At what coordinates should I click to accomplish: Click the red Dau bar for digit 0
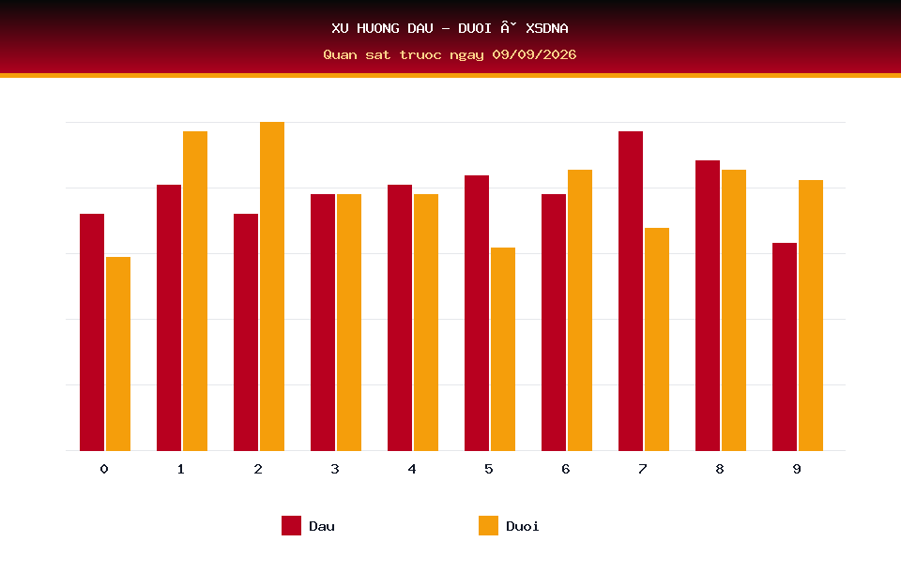pyautogui.click(x=92, y=332)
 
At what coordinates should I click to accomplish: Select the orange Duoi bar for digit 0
pyautogui.click(x=118, y=354)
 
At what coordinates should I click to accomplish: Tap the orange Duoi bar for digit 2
pyautogui.click(x=272, y=286)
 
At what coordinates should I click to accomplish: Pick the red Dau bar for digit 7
pyautogui.click(x=631, y=291)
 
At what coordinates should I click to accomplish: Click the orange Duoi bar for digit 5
pyautogui.click(x=503, y=349)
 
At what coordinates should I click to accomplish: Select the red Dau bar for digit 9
pyautogui.click(x=785, y=347)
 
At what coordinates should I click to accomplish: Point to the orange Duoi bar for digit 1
pyautogui.click(x=195, y=291)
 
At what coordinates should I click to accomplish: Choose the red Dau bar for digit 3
pyautogui.click(x=323, y=323)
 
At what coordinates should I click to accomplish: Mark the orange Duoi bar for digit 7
pyautogui.click(x=657, y=339)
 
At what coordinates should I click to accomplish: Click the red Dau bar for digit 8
pyautogui.click(x=708, y=306)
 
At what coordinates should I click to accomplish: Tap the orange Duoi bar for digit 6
pyautogui.click(x=580, y=310)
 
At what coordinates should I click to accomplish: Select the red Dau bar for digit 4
pyautogui.click(x=400, y=318)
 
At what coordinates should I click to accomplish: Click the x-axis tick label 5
pyautogui.click(x=488, y=469)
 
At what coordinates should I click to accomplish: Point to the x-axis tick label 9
pyautogui.click(x=797, y=469)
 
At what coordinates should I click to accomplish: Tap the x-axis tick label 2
pyautogui.click(x=258, y=469)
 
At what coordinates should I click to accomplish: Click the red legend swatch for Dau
pyautogui.click(x=291, y=525)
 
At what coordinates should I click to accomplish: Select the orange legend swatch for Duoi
pyautogui.click(x=488, y=525)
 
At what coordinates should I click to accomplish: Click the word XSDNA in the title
pyautogui.click(x=547, y=28)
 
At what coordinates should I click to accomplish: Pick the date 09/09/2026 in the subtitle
pyautogui.click(x=534, y=54)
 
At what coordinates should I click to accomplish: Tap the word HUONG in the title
pyautogui.click(x=378, y=28)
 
